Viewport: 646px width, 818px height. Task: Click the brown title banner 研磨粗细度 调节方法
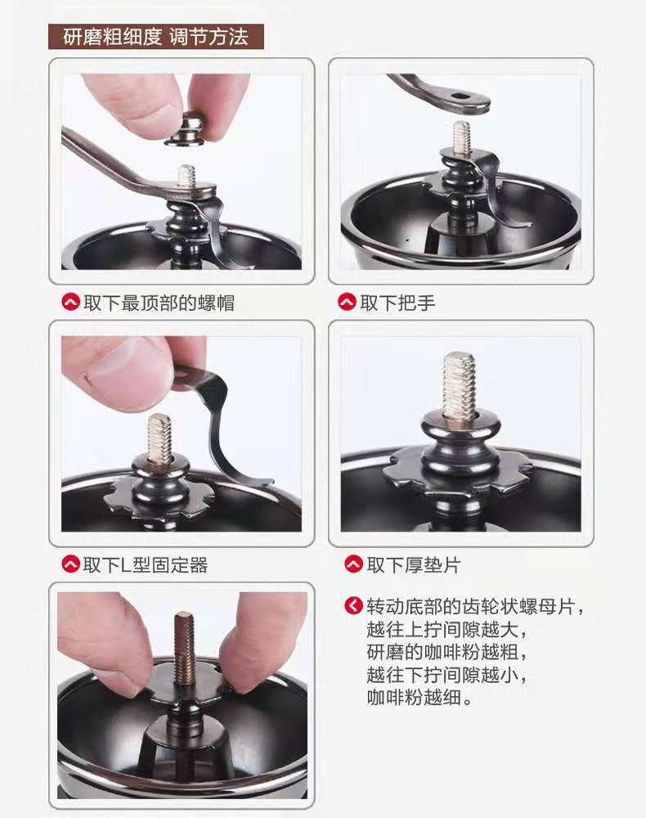(156, 37)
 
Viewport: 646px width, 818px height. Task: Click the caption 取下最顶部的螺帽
(159, 303)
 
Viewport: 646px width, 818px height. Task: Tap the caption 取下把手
(397, 303)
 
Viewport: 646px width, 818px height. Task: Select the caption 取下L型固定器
(146, 564)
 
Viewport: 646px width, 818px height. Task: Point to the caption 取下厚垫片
(414, 564)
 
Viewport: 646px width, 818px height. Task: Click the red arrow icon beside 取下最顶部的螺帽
(70, 303)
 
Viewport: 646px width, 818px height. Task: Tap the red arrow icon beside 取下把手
(347, 303)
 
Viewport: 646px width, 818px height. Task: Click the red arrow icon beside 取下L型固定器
(70, 564)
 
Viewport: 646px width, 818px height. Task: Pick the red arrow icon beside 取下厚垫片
(353, 564)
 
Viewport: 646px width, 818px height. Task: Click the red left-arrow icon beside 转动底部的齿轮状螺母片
(353, 605)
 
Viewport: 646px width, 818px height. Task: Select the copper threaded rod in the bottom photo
(183, 646)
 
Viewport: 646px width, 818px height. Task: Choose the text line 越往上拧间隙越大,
(447, 629)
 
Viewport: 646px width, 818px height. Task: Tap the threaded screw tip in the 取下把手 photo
(461, 137)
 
